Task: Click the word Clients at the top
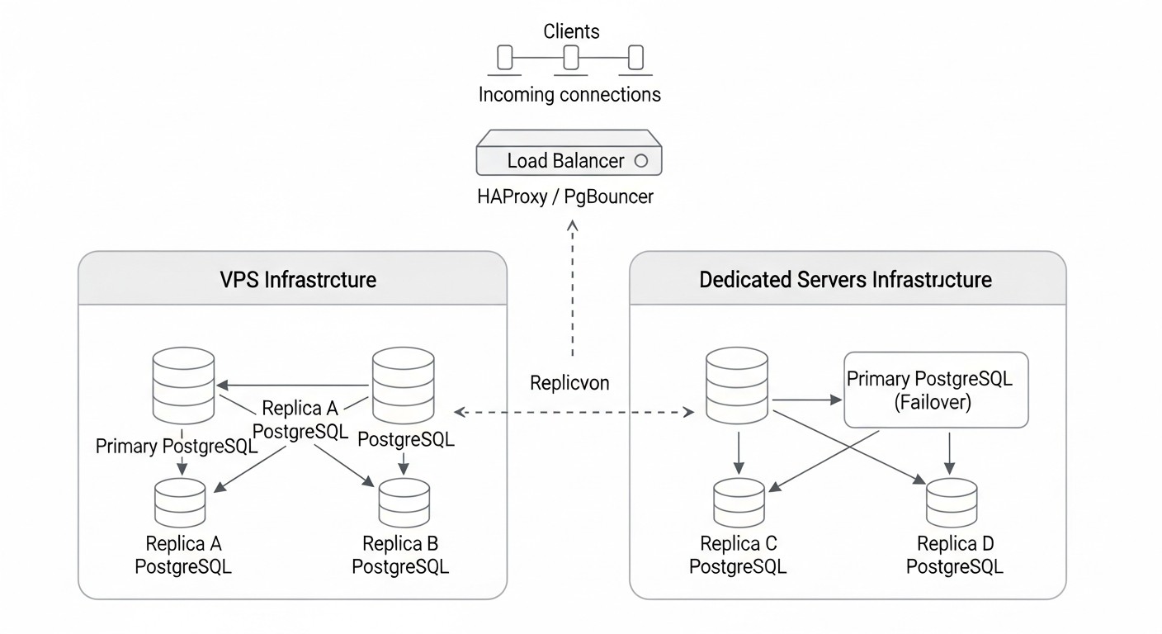571,31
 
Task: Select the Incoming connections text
569,94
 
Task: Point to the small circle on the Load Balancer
640,161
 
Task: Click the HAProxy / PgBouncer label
565,196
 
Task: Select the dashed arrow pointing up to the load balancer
571,289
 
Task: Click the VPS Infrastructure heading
298,279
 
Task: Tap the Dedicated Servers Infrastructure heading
845,279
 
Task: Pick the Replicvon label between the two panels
569,383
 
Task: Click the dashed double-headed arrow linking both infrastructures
574,411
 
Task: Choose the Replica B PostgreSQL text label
400,555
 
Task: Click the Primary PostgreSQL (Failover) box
937,390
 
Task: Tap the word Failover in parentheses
933,403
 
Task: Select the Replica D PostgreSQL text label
955,555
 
